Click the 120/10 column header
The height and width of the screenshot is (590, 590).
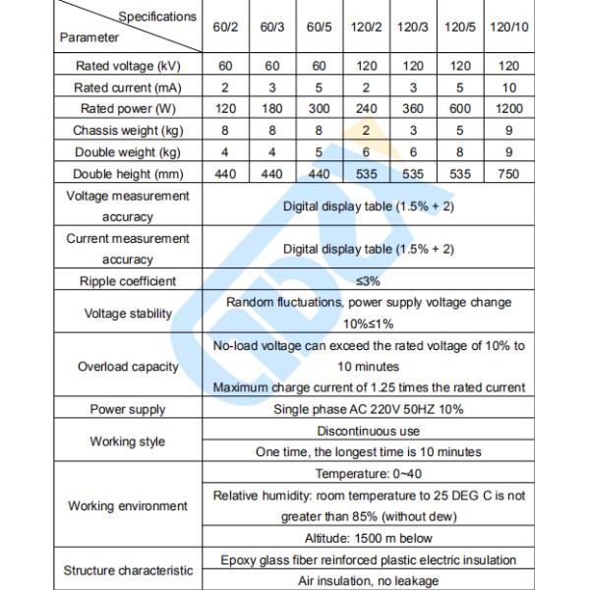point(509,28)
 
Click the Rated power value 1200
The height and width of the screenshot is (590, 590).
point(509,109)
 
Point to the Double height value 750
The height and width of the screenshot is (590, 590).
point(509,173)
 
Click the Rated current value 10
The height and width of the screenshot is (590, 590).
point(509,88)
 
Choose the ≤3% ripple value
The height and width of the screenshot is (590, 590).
point(369,281)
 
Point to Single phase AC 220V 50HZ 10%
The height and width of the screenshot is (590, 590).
point(369,410)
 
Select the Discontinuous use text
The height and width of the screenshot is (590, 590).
point(369,431)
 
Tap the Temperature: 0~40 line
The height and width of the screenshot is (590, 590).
point(369,474)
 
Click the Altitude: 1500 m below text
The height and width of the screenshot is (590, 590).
point(369,539)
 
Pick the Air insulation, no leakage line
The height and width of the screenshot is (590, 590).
point(369,581)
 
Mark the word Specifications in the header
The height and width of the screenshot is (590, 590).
point(157,17)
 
